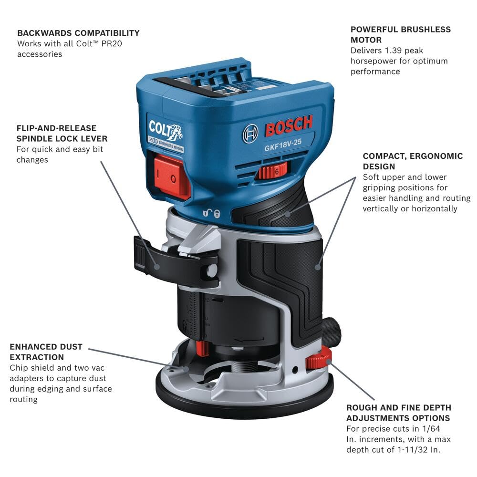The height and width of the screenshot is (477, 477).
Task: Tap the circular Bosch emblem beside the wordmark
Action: pyautogui.click(x=250, y=134)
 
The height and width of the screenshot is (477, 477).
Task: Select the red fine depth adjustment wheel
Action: pyautogui.click(x=319, y=358)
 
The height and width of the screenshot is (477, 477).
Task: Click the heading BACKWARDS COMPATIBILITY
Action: pyautogui.click(x=78, y=33)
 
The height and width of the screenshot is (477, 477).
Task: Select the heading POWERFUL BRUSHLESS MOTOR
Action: pyautogui.click(x=400, y=34)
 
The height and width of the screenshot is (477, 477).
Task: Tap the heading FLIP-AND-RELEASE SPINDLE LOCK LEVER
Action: pyautogui.click(x=62, y=133)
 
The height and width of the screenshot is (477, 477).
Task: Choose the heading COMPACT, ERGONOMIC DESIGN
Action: pyautogui.click(x=413, y=161)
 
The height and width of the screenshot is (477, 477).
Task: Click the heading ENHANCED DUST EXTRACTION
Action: pyautogui.click(x=46, y=352)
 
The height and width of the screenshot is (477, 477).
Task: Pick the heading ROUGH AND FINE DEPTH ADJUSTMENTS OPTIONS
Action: pyautogui.click(x=399, y=413)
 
